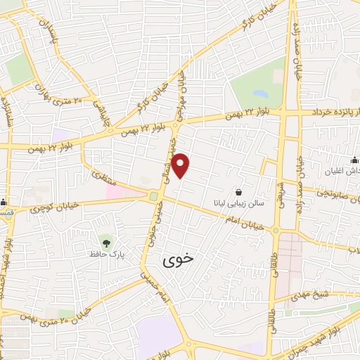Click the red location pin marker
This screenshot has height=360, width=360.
(x=181, y=165)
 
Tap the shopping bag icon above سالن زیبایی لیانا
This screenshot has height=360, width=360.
(x=239, y=192)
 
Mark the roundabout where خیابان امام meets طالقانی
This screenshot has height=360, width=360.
(x=276, y=231)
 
